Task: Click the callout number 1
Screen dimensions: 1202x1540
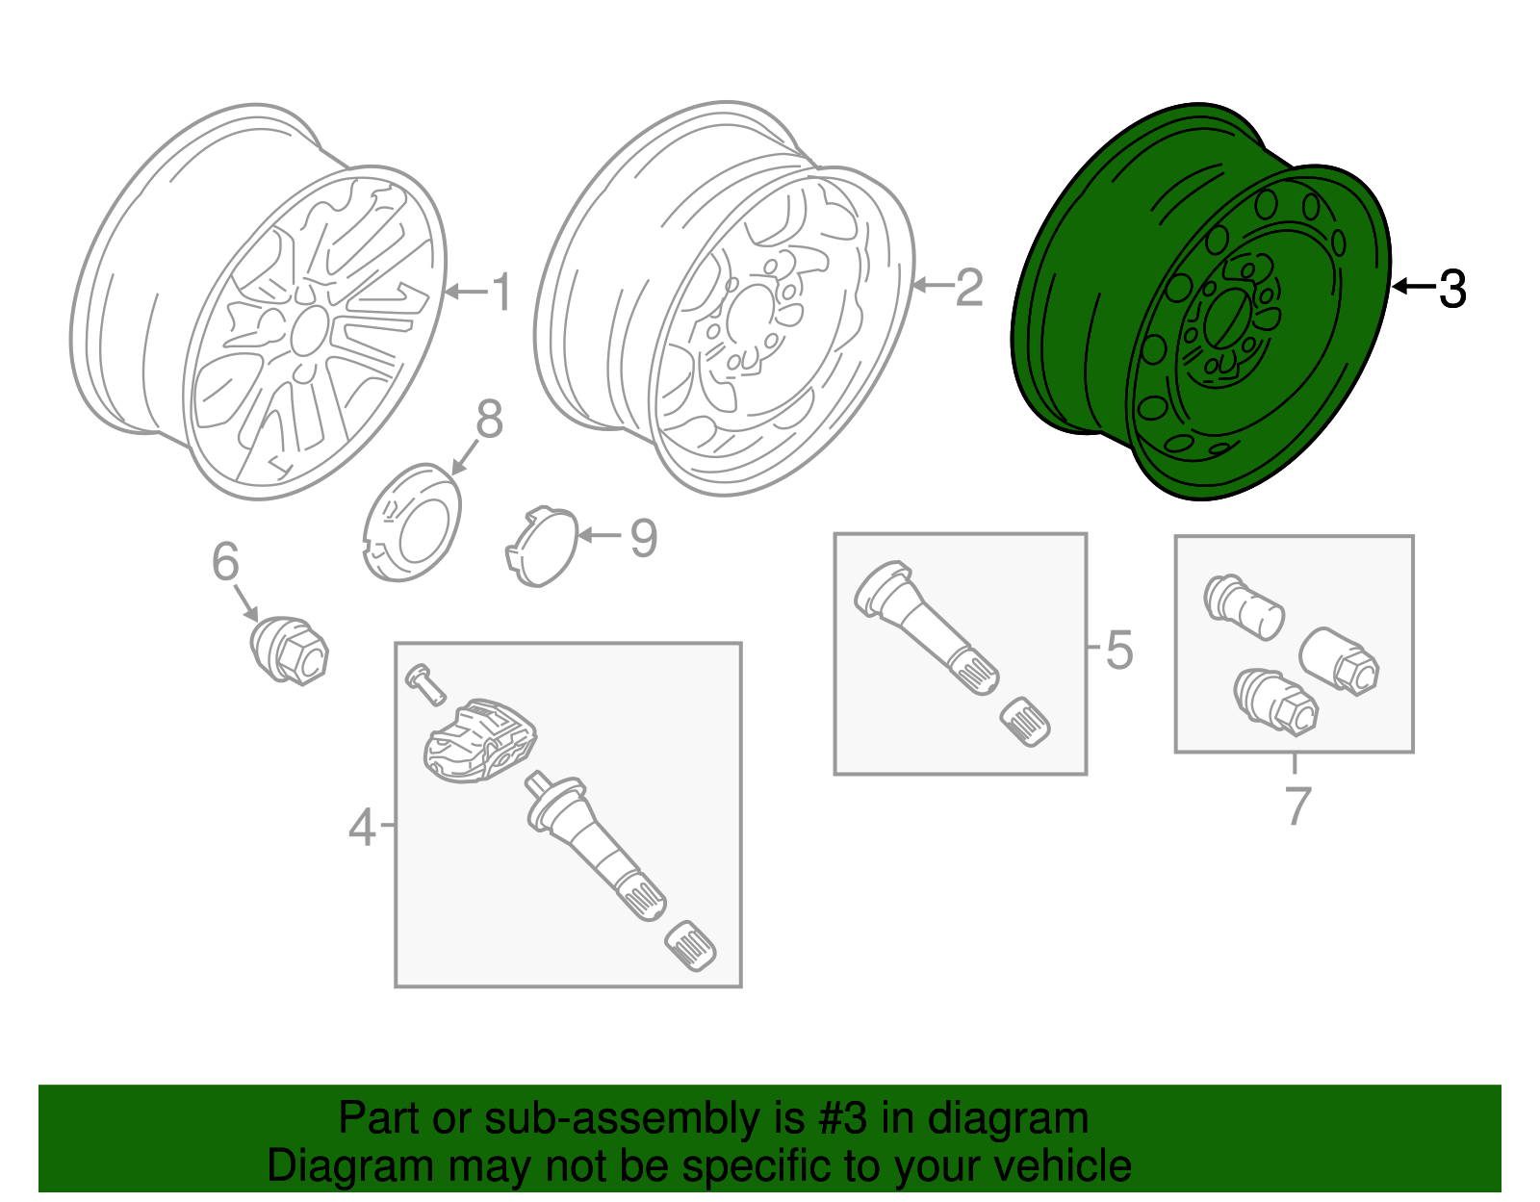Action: (501, 292)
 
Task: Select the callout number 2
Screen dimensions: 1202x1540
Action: (968, 287)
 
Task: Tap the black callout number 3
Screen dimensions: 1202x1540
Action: (1451, 288)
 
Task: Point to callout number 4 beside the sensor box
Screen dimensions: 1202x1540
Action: (362, 827)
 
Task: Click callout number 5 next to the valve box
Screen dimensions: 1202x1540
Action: (1118, 650)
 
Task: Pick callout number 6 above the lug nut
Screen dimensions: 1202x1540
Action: (225, 562)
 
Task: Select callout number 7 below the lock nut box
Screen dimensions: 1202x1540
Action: (1297, 805)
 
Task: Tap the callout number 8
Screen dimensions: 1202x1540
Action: (489, 420)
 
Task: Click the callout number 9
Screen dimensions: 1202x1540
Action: (643, 538)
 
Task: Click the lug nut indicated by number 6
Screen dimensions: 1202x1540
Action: (290, 650)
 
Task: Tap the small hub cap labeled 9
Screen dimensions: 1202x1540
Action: (542, 546)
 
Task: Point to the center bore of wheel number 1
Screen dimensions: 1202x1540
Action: (308, 329)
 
